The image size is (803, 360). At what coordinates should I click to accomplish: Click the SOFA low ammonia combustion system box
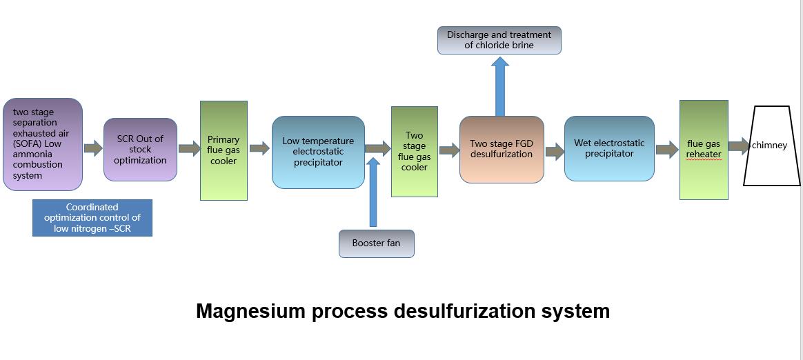click(43, 144)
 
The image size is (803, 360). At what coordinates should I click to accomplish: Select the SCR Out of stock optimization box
click(140, 150)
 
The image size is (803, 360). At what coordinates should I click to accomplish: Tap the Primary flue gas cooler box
click(224, 150)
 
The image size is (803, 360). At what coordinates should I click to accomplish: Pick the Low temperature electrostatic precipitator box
click(318, 152)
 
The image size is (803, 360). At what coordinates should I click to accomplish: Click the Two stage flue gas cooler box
click(414, 152)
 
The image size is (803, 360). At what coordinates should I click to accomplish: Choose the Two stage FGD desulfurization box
click(502, 150)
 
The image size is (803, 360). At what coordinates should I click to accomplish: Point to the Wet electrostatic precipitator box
click(609, 148)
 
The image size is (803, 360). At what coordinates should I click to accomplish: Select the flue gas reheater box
click(704, 150)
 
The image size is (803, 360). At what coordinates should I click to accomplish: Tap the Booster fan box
click(376, 243)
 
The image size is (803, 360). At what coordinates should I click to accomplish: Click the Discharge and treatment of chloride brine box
click(499, 40)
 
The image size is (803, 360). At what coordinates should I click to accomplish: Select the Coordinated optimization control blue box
click(92, 218)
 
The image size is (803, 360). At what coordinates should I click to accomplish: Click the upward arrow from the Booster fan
click(373, 193)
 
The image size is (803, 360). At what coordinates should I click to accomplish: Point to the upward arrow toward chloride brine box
click(500, 86)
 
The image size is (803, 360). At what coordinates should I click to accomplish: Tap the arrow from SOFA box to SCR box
click(93, 148)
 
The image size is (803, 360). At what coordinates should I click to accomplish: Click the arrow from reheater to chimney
click(739, 146)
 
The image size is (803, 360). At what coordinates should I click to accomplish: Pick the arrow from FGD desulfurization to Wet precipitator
click(555, 152)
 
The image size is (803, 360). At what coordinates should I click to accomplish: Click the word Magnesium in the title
click(250, 311)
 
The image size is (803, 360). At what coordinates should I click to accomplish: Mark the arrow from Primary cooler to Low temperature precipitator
click(259, 148)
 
